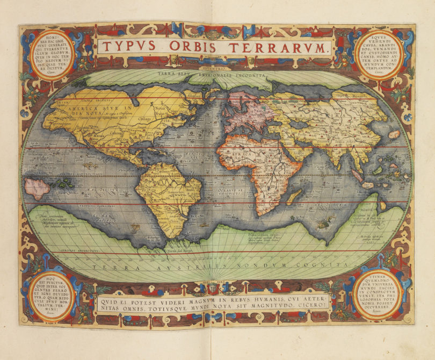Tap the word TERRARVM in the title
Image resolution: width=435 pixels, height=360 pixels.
point(277,47)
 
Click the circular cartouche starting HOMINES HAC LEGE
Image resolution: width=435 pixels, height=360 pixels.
point(47,53)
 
